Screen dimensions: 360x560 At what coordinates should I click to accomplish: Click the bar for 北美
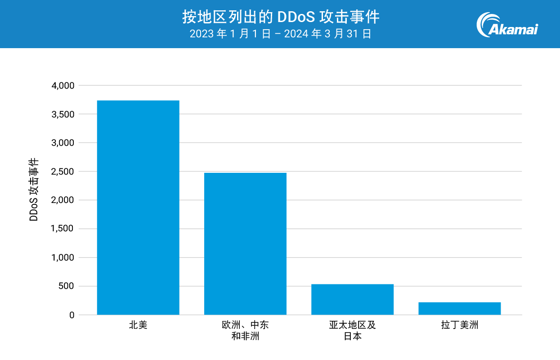(138, 207)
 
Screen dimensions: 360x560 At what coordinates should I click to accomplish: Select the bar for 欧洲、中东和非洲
(245, 243)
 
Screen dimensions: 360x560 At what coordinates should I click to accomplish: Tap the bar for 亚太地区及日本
(352, 299)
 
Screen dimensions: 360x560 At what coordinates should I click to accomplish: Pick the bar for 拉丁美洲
(459, 308)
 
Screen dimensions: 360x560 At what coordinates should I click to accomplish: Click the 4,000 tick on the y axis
(63, 85)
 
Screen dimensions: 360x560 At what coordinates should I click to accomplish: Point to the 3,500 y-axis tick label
(63, 114)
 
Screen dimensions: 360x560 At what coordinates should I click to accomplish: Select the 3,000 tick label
(63, 143)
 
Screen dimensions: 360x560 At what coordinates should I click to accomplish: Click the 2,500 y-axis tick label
(63, 171)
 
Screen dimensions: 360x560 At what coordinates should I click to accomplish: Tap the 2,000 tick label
(63, 200)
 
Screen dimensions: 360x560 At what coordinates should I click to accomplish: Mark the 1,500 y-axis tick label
(63, 229)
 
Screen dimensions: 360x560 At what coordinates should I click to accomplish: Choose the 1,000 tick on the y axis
(63, 258)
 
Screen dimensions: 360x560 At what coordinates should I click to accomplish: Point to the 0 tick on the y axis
(72, 315)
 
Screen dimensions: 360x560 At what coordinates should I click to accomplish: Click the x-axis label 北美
(138, 325)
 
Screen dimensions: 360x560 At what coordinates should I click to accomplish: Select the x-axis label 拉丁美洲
(459, 325)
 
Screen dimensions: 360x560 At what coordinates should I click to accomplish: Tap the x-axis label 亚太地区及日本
(352, 330)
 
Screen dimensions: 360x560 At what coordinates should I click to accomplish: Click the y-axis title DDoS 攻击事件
(34, 189)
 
